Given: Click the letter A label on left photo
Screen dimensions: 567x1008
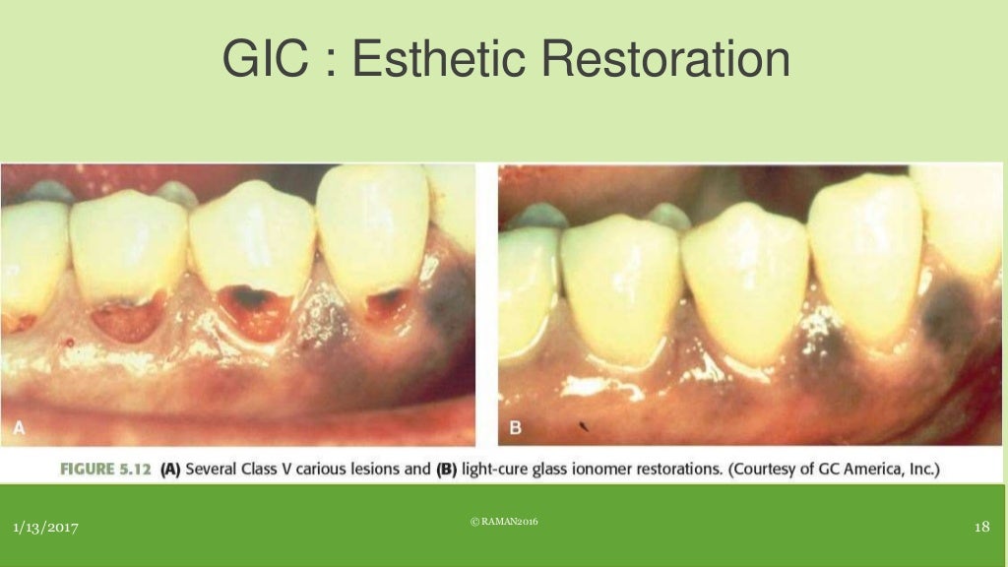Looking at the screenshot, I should [19, 427].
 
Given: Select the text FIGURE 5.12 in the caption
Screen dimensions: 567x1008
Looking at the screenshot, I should [106, 470].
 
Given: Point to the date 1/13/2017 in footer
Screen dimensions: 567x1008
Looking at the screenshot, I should [45, 529].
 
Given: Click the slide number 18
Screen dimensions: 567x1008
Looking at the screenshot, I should [980, 528].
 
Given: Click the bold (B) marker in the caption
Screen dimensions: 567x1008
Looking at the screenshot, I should [447, 470].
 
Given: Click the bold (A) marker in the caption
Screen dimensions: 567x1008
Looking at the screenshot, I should [170, 470].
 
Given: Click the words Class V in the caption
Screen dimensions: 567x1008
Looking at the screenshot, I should [264, 470].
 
